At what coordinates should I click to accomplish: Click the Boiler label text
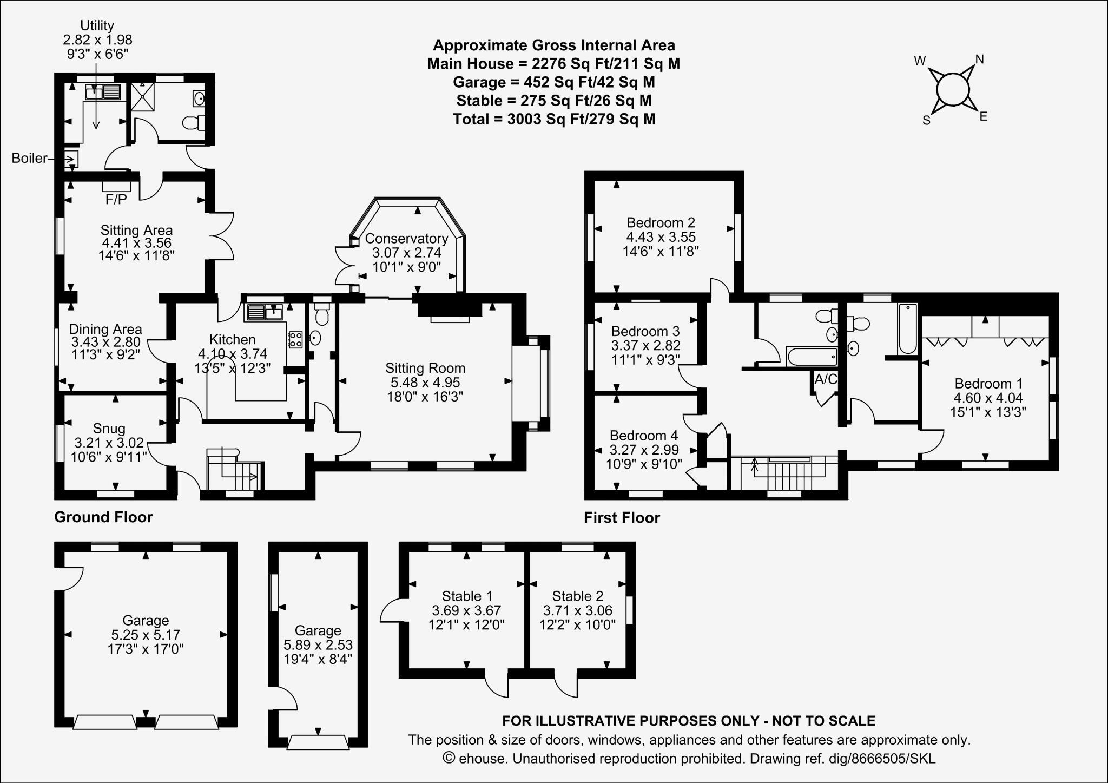pos(30,159)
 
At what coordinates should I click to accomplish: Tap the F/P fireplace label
pos(116,200)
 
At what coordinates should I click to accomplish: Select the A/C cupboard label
pos(826,379)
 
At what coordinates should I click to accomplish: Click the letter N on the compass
pos(979,60)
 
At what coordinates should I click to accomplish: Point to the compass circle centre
pos(952,89)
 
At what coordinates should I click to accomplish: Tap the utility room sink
pos(103,92)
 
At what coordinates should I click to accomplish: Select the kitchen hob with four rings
pos(295,339)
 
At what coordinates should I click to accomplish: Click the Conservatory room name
pos(406,239)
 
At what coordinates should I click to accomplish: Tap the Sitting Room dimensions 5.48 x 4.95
pos(425,383)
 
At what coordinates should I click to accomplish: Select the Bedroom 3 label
pos(645,331)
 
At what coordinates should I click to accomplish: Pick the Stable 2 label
pos(577,596)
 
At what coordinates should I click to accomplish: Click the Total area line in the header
pos(553,119)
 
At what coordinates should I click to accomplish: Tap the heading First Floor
pos(622,518)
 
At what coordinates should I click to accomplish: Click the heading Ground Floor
pos(103,517)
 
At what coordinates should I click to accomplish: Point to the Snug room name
pos(109,429)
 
